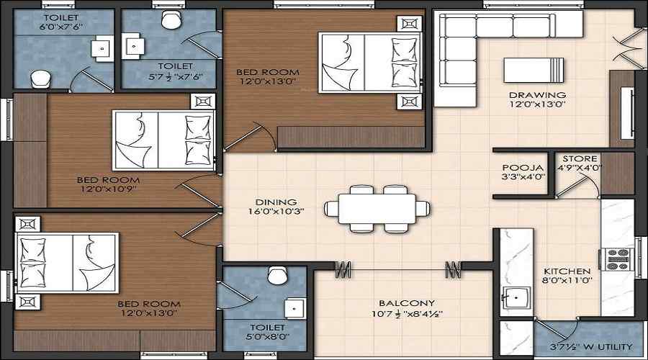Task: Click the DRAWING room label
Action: [x=537, y=95]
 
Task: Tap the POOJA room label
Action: [x=523, y=168]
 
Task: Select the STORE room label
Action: [x=580, y=158]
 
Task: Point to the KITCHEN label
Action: [x=567, y=271]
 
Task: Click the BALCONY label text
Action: [x=407, y=303]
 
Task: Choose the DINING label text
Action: [x=276, y=202]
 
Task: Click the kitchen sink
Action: [x=516, y=298]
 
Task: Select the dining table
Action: [x=377, y=209]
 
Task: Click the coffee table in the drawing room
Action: [x=534, y=70]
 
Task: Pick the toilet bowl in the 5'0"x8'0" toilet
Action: [x=278, y=275]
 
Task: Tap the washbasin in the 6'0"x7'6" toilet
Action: [x=102, y=49]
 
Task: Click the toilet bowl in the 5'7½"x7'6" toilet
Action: [x=171, y=19]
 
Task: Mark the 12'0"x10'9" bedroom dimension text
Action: [x=109, y=189]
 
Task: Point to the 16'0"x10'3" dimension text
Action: [x=276, y=211]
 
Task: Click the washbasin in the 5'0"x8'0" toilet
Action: [x=295, y=309]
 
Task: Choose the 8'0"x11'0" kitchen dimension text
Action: [x=567, y=280]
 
